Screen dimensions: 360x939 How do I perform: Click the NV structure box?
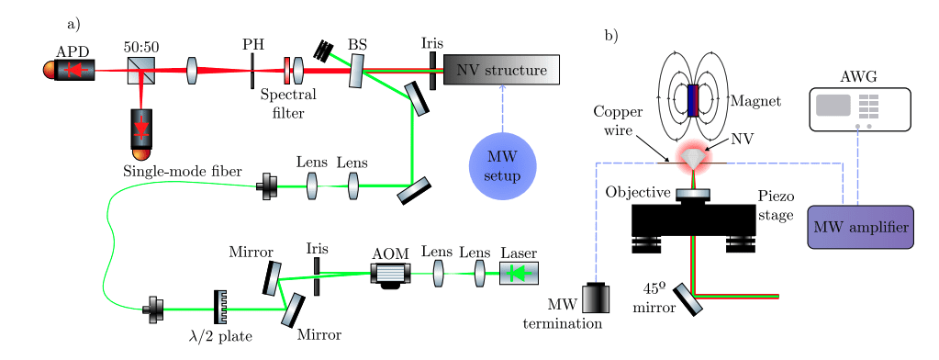coord(501,70)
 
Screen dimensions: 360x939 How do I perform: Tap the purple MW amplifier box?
coord(860,227)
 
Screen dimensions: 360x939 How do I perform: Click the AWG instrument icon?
coord(859,107)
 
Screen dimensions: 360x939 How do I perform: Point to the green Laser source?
coord(519,273)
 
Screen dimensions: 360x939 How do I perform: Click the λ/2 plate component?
coord(220,308)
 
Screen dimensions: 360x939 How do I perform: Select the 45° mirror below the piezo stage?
coord(687,298)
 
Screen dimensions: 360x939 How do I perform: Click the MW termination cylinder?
coord(597,299)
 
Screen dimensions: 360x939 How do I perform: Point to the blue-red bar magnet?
coord(693,100)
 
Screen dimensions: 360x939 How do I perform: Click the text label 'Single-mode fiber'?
coord(182,172)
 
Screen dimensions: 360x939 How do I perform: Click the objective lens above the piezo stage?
coord(693,194)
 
